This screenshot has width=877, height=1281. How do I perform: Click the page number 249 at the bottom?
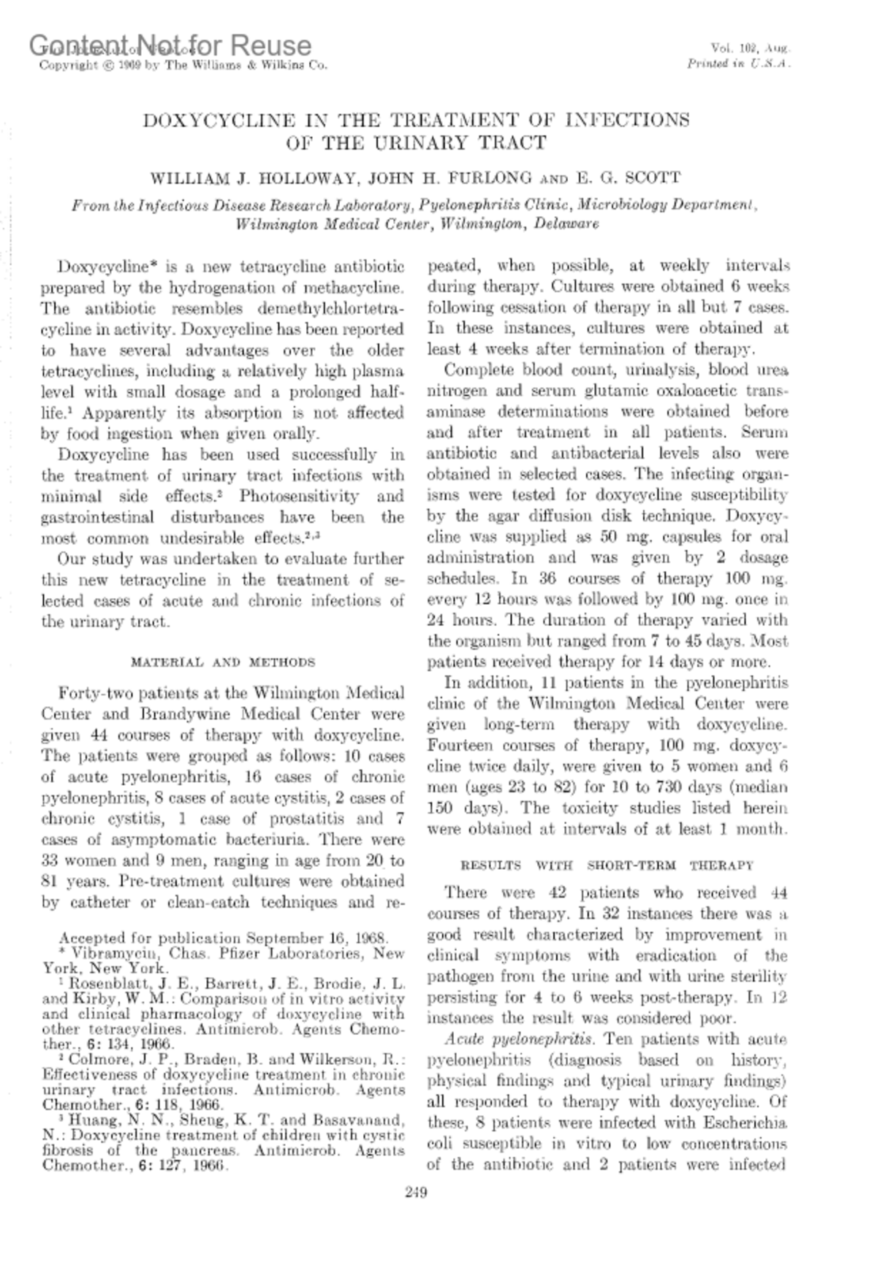pos(415,1193)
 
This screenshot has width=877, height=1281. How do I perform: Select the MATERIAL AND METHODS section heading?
pos(222,662)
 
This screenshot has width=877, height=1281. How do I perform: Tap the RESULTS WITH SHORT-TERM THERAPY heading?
pos(607,865)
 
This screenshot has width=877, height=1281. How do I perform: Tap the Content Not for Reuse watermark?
pos(171,45)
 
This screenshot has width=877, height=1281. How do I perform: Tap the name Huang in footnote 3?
pos(90,1120)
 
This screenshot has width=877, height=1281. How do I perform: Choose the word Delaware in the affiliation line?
pos(566,223)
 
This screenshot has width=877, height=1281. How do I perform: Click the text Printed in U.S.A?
pos(739,64)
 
